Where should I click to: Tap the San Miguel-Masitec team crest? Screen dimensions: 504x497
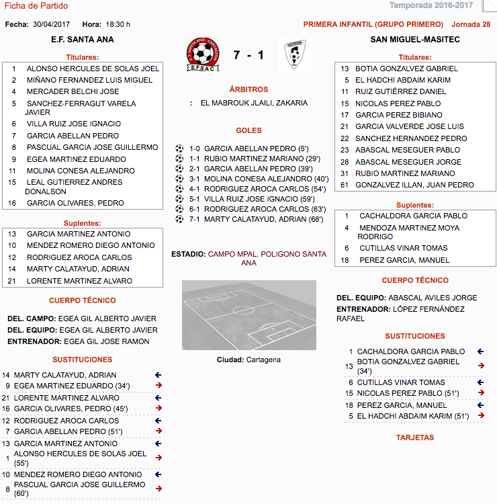[x=293, y=54]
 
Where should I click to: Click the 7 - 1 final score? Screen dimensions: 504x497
[x=248, y=54]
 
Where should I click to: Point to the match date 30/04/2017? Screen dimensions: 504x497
[x=50, y=24]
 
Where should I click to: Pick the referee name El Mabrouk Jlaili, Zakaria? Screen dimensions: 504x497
[x=254, y=103]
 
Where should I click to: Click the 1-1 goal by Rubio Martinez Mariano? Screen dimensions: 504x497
[x=256, y=159]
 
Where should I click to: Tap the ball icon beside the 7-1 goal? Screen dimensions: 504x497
[x=179, y=219]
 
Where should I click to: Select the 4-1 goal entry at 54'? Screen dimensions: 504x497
[x=257, y=189]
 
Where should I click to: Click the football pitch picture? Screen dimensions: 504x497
[x=248, y=314]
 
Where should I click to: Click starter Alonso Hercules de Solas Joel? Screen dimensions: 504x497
[x=93, y=69]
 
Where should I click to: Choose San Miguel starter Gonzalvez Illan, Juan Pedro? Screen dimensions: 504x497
[x=414, y=185]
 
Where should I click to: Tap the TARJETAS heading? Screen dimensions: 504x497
[x=414, y=437]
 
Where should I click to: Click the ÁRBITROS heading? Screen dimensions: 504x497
[x=248, y=89]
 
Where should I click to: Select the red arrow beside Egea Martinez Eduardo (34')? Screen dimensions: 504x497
[x=159, y=386]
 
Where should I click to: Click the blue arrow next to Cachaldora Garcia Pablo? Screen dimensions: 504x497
[x=480, y=351]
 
